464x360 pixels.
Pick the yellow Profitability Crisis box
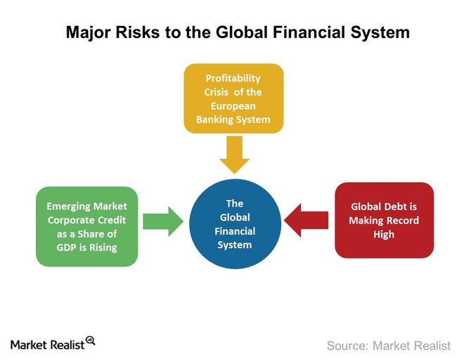pos(233,98)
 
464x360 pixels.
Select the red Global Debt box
pos(384,220)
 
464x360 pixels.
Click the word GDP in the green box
pos(62,247)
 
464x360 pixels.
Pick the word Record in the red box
pos(403,220)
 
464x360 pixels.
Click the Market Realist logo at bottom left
pos(52,344)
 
